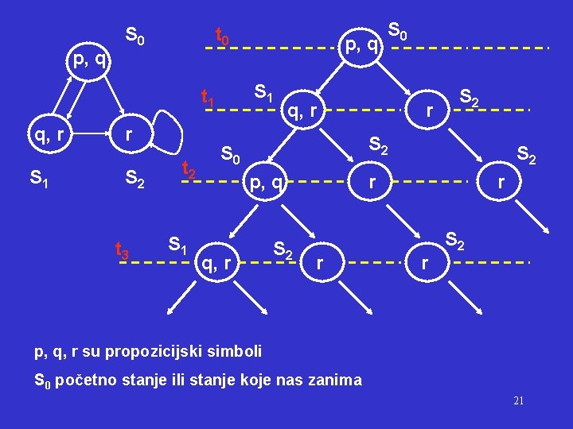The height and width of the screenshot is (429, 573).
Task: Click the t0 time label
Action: [x=223, y=37]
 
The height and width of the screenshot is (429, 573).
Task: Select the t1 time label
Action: [x=208, y=99]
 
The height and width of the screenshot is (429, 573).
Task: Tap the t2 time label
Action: [x=189, y=169]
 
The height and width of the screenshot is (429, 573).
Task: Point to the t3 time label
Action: [x=123, y=252]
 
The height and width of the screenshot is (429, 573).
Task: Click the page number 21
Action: [x=518, y=400]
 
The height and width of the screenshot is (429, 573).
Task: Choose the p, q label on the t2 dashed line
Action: [x=268, y=184]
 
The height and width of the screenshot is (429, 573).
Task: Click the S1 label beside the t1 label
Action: [x=263, y=93]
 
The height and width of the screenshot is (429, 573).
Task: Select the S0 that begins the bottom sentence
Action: [x=43, y=381]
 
